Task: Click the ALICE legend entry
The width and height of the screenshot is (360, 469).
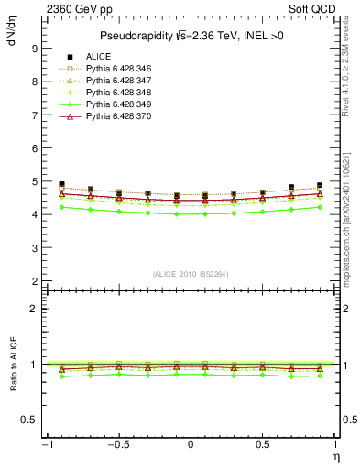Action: [x=98, y=57]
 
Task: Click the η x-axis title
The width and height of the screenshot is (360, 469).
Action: [x=336, y=455]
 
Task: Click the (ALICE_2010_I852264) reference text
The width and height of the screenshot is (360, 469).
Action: [x=190, y=273]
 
